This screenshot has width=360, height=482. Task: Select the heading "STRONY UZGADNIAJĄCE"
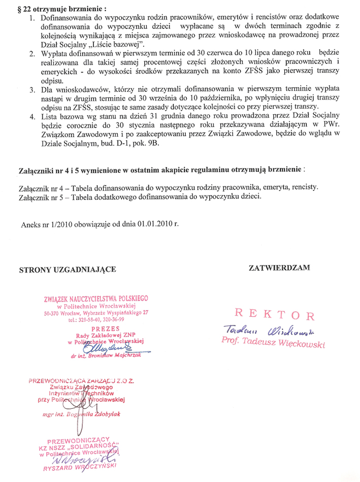(68, 269)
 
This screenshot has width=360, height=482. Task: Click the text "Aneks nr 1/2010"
(46, 223)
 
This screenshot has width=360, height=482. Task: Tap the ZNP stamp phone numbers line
(96, 320)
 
